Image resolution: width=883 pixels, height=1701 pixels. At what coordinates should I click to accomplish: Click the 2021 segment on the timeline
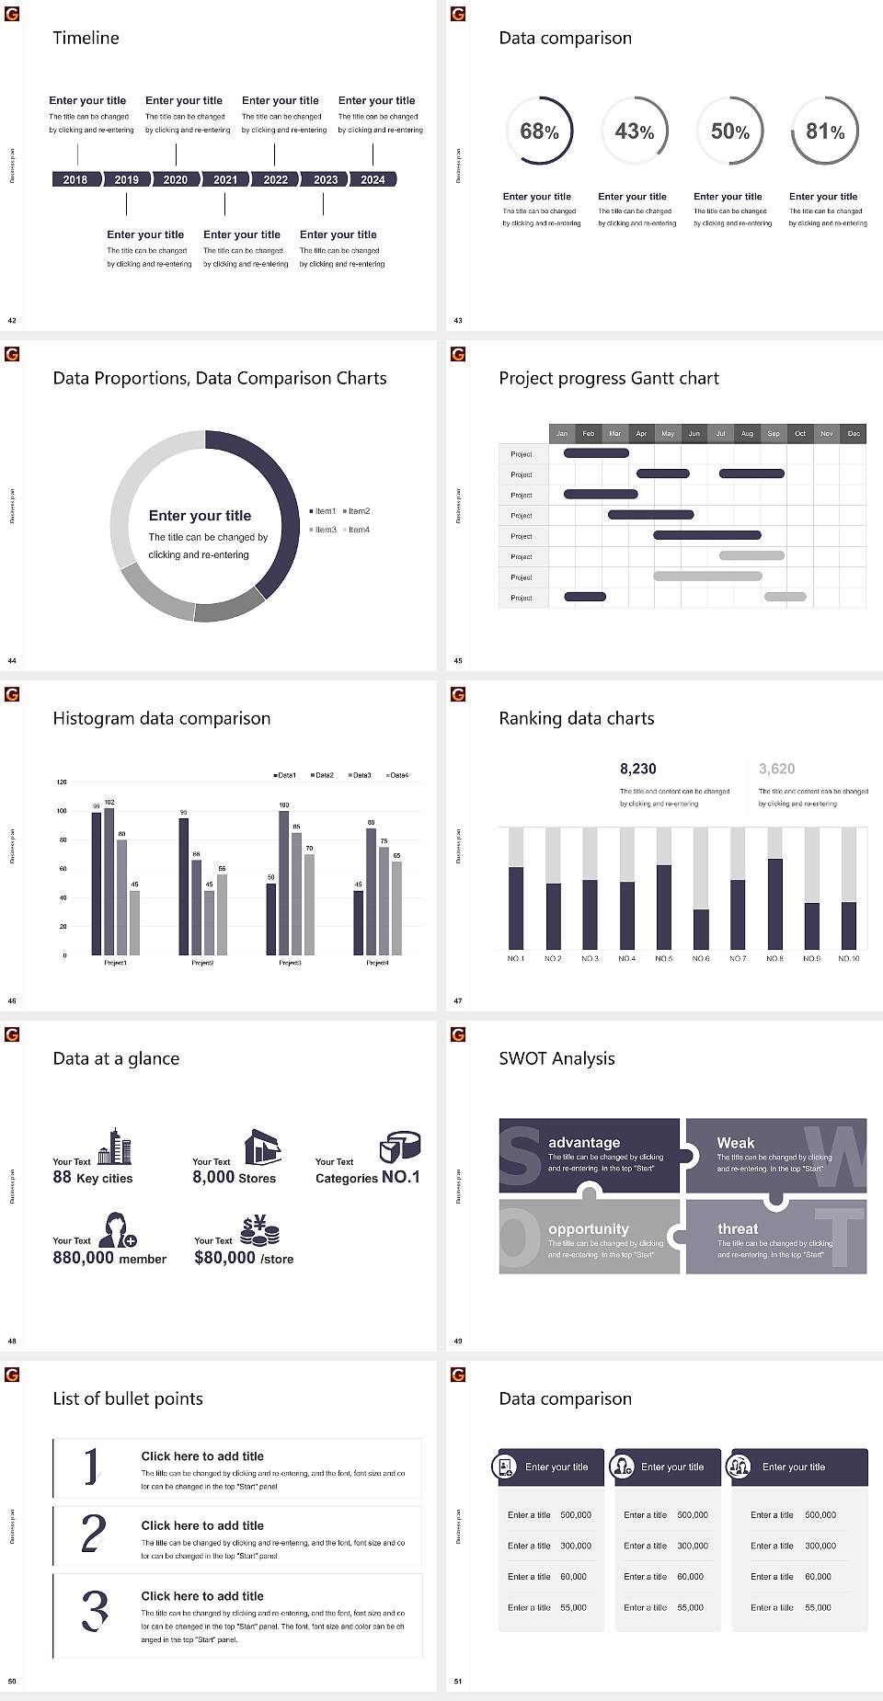tap(225, 179)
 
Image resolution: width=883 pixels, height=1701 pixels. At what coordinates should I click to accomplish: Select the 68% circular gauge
tap(539, 131)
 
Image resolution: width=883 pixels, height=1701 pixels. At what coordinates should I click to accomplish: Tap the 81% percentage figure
tap(825, 131)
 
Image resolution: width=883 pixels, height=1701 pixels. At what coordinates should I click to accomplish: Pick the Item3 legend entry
tap(323, 530)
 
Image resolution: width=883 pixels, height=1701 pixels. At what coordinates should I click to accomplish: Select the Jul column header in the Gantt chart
tap(720, 433)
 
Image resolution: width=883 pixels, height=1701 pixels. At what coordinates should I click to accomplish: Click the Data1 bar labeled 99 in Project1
tap(97, 883)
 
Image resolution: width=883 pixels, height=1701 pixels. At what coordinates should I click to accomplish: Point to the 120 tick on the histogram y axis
tap(62, 782)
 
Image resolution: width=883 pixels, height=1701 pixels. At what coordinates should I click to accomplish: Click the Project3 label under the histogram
tap(290, 963)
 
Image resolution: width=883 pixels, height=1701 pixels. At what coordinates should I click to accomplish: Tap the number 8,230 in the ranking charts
tap(637, 769)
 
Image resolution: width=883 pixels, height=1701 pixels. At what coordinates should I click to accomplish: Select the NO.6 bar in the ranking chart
tap(701, 929)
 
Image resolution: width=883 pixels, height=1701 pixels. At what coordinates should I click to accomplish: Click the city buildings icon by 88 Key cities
tap(115, 1147)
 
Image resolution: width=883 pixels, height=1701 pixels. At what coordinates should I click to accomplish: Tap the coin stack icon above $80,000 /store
tap(259, 1230)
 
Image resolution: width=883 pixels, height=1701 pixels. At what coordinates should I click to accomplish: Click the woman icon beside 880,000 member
tap(118, 1229)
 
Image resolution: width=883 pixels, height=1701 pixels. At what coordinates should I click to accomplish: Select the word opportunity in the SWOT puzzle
tap(589, 1229)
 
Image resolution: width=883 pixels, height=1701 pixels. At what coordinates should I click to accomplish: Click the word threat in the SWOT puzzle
tap(738, 1229)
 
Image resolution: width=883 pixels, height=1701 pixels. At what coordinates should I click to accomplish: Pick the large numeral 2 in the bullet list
tap(93, 1534)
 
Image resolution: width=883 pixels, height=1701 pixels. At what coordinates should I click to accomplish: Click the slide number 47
tap(457, 1000)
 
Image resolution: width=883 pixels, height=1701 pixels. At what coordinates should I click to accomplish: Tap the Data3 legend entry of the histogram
tap(361, 775)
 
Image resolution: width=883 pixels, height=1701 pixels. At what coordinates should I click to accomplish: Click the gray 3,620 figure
tap(776, 769)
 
